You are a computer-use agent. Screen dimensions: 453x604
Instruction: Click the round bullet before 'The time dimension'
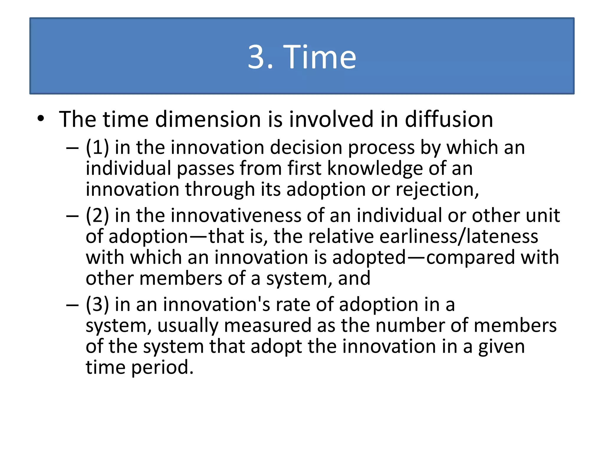coord(41,119)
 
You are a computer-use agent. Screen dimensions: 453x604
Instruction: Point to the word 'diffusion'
coord(449,120)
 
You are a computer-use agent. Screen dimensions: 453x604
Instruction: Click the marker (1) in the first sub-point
coord(97,147)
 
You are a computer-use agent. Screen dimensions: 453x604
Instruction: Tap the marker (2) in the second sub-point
coord(97,216)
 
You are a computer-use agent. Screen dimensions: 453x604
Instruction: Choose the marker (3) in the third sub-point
coord(97,305)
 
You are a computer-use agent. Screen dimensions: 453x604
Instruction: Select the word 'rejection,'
coord(437,190)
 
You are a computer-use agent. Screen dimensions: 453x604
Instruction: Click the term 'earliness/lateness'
coord(459,237)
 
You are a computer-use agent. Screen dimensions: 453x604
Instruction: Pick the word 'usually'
coord(188,326)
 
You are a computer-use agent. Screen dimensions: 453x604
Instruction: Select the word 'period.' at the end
coord(162,368)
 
